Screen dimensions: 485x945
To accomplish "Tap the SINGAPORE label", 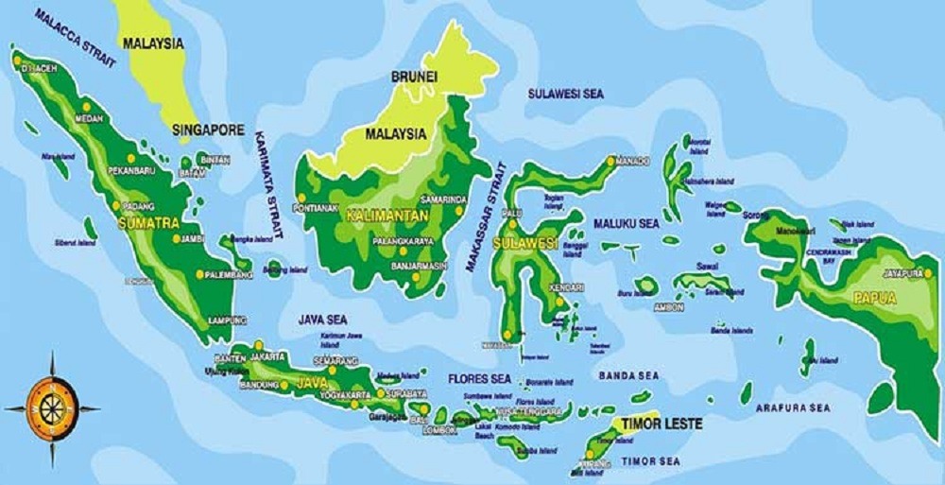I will [209, 130].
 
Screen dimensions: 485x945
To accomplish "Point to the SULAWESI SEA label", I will [565, 94].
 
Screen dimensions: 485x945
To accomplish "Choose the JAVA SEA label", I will [324, 320].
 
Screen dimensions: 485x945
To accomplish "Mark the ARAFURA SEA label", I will [792, 407].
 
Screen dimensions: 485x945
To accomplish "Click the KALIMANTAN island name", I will [388, 217].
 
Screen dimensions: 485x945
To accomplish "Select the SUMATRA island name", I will [148, 223].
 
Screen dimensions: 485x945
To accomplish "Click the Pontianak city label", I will [317, 208].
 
